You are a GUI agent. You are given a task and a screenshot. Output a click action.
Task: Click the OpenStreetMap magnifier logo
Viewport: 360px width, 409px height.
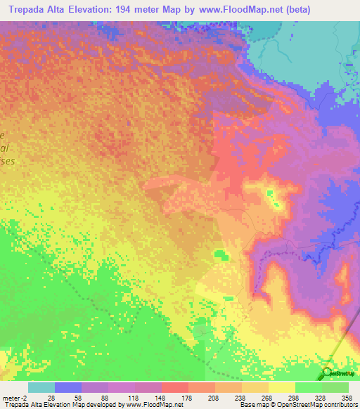pyautogui.click(x=328, y=374)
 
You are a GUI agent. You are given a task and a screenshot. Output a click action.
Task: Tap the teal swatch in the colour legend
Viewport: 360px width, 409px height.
pyautogui.click(x=41, y=387)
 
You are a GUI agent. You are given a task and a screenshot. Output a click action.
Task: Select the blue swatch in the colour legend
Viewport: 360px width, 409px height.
pyautogui.click(x=68, y=387)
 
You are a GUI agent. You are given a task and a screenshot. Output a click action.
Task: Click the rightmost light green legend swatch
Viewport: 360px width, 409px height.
pyautogui.click(x=335, y=387)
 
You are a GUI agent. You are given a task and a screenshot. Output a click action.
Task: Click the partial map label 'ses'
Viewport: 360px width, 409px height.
pyautogui.click(x=8, y=161)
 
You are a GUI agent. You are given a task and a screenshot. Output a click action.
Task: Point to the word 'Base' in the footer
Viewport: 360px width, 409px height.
pyautogui.click(x=246, y=405)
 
